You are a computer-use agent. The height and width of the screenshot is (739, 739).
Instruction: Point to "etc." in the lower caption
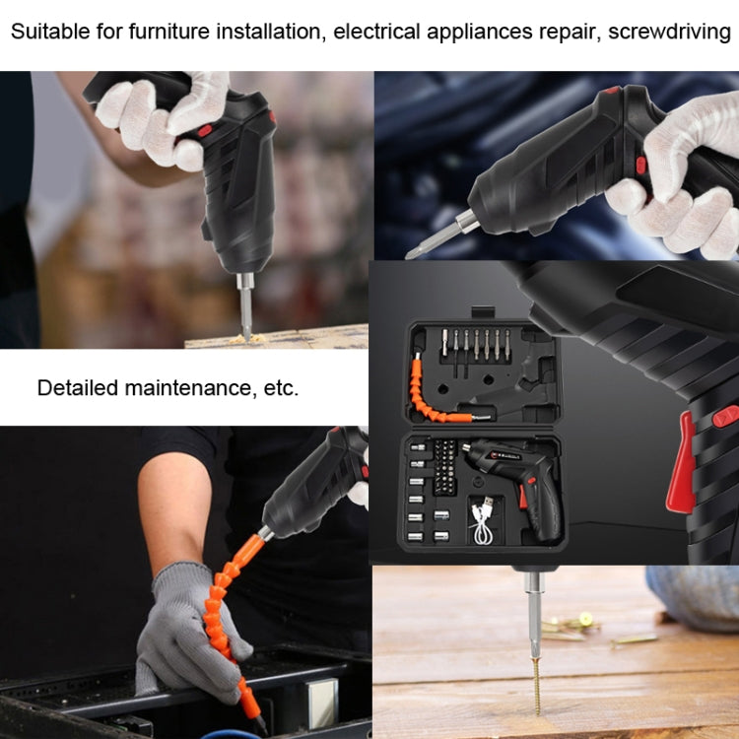click(281, 387)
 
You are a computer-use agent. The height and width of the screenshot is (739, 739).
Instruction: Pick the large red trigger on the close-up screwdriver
click(681, 463)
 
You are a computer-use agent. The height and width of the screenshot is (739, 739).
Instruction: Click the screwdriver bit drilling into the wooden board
click(244, 311)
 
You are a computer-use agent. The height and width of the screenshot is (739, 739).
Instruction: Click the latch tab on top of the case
click(480, 314)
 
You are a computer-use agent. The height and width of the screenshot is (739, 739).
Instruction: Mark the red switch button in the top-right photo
click(640, 163)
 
